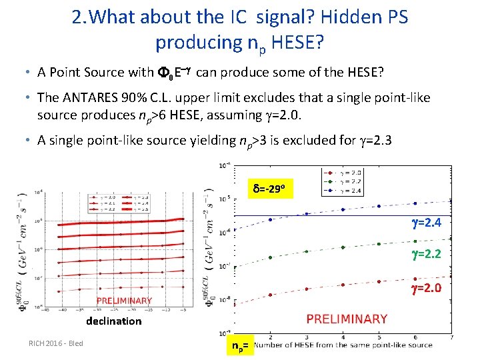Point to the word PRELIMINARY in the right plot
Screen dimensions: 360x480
347,319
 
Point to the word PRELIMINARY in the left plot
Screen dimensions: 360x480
124,301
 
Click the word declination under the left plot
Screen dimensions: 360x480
113,321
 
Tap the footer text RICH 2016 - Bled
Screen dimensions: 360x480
55,343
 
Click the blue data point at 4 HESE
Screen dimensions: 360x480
343,209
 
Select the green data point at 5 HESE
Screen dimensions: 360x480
379,243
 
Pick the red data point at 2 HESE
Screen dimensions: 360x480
270,294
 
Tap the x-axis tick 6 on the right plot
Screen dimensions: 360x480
415,337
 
